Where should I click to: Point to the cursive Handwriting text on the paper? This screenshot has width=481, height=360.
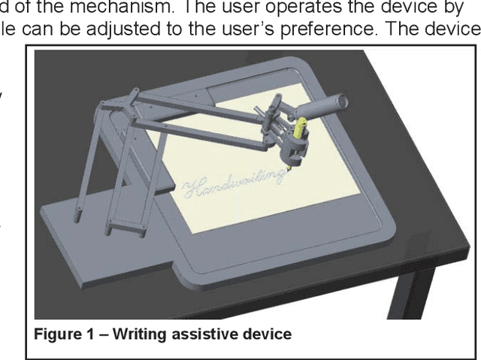(x=233, y=185)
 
